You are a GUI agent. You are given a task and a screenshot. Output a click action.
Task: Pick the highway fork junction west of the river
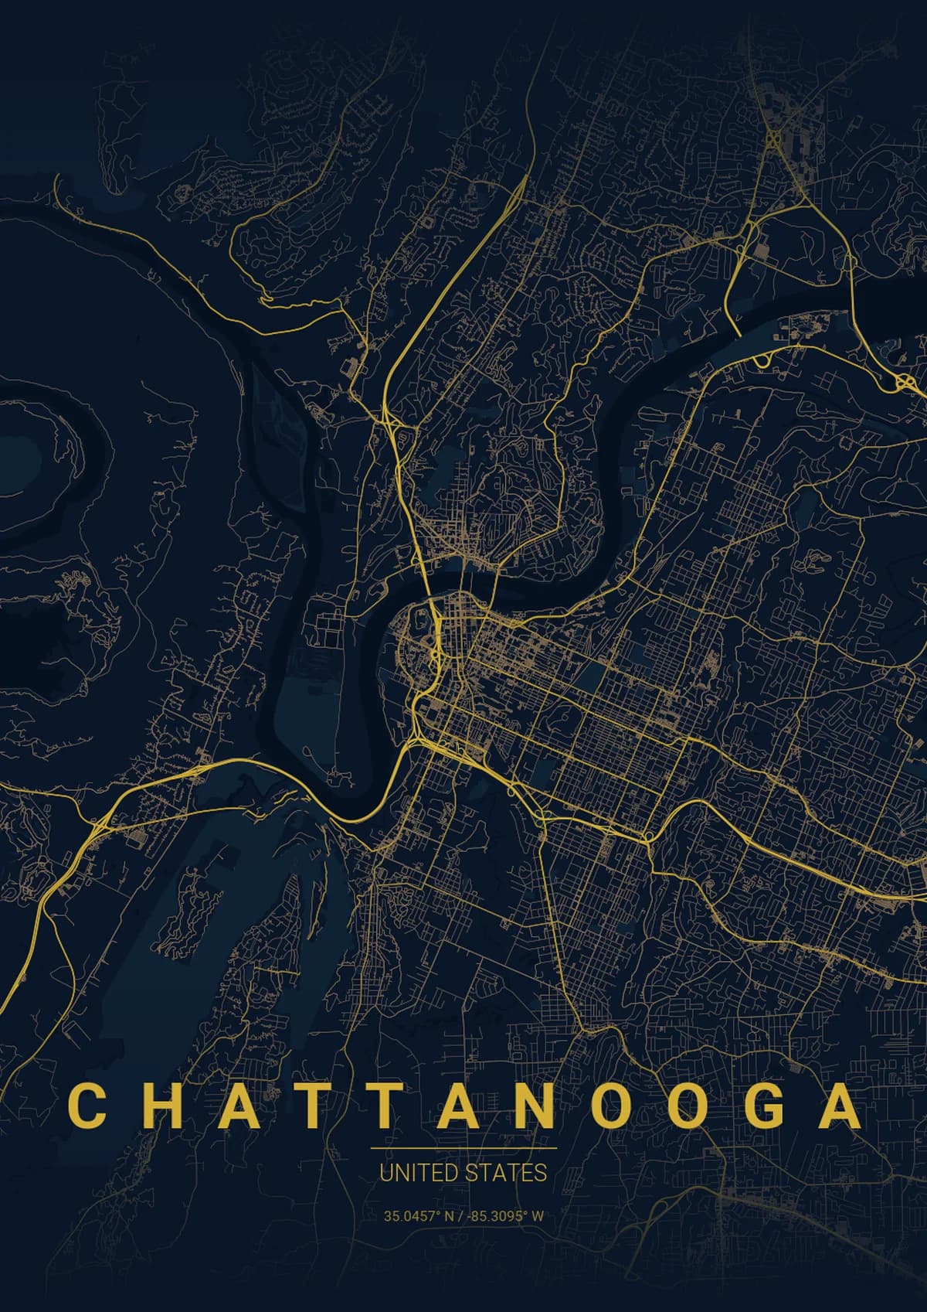[97, 826]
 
